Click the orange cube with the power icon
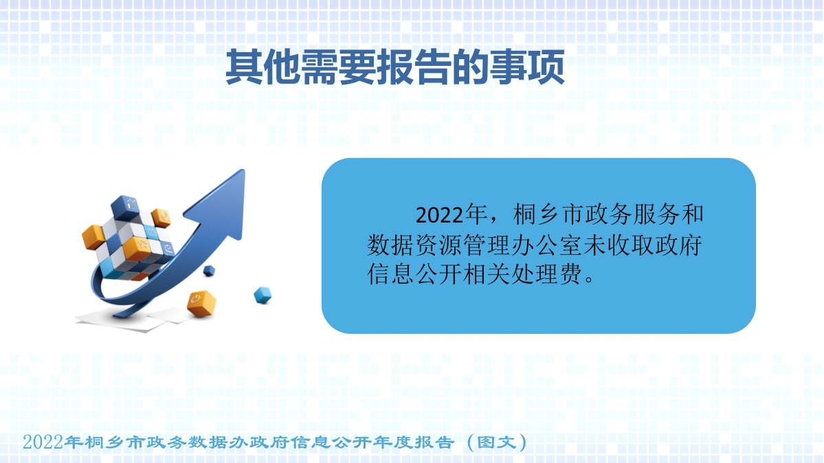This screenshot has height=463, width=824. click(x=201, y=303)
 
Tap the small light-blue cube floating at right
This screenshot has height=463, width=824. click(x=263, y=295)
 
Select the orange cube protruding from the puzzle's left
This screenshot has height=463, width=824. click(x=93, y=236)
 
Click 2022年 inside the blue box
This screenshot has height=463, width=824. click(x=451, y=215)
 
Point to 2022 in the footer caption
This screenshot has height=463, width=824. click(x=43, y=442)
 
